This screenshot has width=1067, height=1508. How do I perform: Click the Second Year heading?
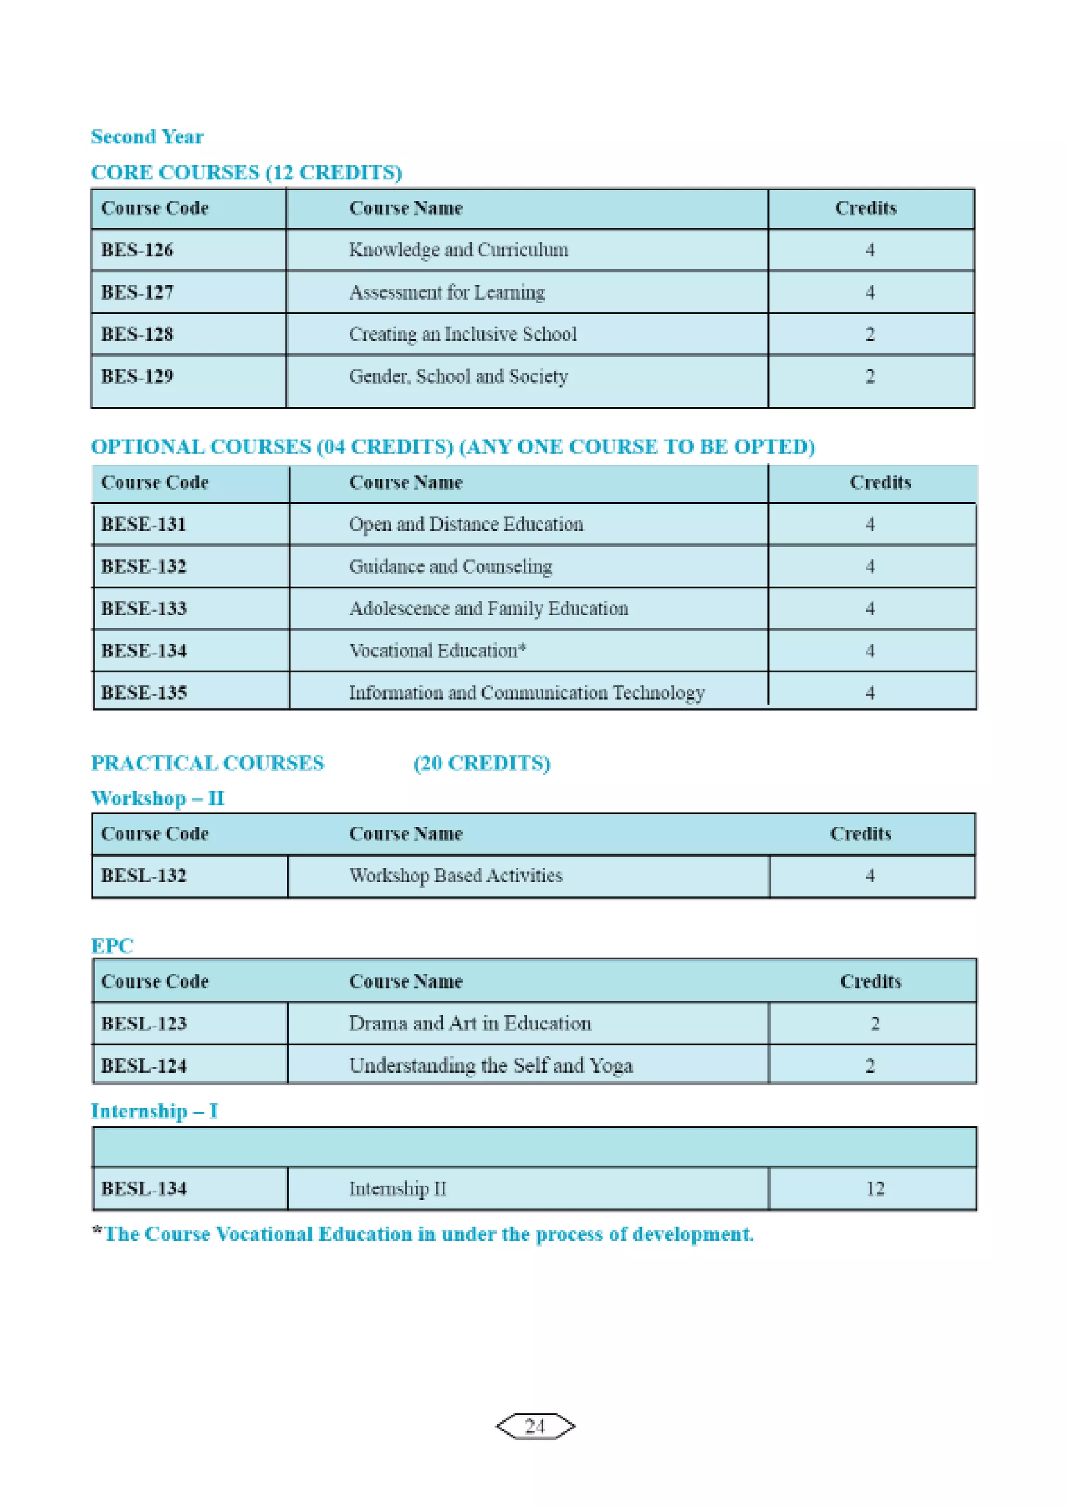pyautogui.click(x=147, y=136)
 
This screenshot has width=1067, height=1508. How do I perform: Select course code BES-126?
pyautogui.click(x=137, y=250)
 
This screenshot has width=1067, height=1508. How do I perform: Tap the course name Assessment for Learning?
pyautogui.click(x=447, y=292)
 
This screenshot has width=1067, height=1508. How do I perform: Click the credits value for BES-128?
pyautogui.click(x=870, y=334)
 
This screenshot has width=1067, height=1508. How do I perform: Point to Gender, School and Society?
pyautogui.click(x=458, y=376)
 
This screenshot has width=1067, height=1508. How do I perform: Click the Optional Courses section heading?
pyautogui.click(x=453, y=446)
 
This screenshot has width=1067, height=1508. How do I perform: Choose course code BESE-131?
pyautogui.click(x=143, y=525)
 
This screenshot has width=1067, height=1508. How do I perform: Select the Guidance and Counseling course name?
pyautogui.click(x=450, y=567)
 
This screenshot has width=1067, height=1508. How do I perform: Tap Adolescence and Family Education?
pyautogui.click(x=488, y=609)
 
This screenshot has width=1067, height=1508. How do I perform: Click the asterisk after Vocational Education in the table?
pyautogui.click(x=523, y=648)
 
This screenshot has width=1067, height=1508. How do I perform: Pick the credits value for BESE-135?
pyautogui.click(x=870, y=693)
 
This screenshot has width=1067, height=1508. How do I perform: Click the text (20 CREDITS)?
pyautogui.click(x=481, y=763)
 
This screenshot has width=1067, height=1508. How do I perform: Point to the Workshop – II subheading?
pyautogui.click(x=158, y=799)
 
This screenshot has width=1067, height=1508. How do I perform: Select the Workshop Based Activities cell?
pyautogui.click(x=455, y=876)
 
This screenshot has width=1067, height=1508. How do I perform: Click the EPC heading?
pyautogui.click(x=111, y=946)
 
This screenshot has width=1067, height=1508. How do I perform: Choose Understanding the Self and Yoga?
pyautogui.click(x=490, y=1066)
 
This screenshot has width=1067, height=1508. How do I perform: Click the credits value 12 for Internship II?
pyautogui.click(x=875, y=1189)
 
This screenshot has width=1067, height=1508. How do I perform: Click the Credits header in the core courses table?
pyautogui.click(x=865, y=208)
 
